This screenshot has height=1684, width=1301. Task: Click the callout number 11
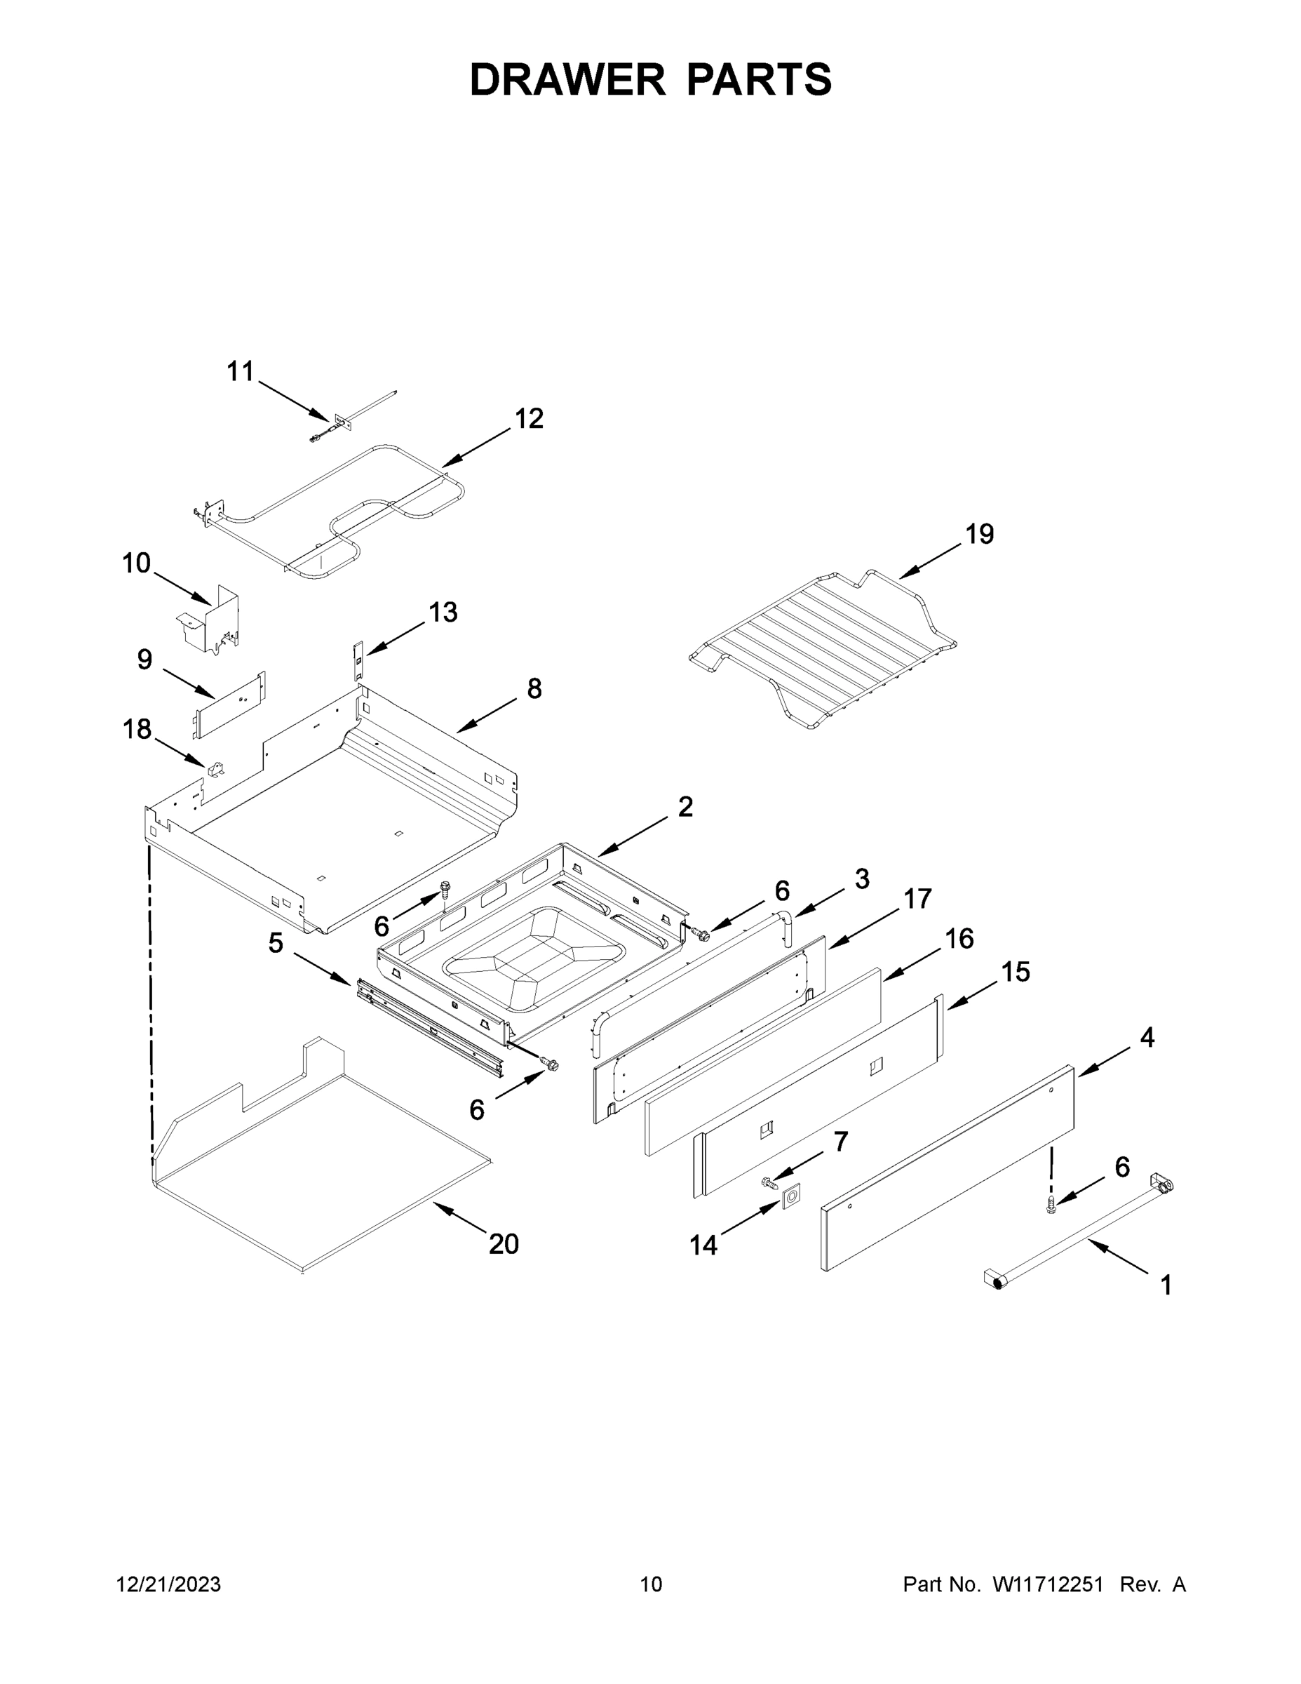pyautogui.click(x=240, y=372)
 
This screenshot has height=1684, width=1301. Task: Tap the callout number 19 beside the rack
pyautogui.click(x=980, y=533)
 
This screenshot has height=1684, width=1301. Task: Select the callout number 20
pyautogui.click(x=504, y=1244)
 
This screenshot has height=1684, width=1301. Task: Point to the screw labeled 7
pyautogui.click(x=769, y=1182)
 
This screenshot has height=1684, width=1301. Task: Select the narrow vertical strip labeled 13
pyautogui.click(x=358, y=660)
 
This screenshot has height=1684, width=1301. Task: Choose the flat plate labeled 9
pyautogui.click(x=229, y=704)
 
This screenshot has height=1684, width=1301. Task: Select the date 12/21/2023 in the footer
pyautogui.click(x=168, y=1585)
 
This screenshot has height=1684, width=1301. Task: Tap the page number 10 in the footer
pyautogui.click(x=651, y=1585)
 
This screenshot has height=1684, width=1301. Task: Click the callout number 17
pyautogui.click(x=917, y=899)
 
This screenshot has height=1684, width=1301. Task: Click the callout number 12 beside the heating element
pyautogui.click(x=529, y=419)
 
